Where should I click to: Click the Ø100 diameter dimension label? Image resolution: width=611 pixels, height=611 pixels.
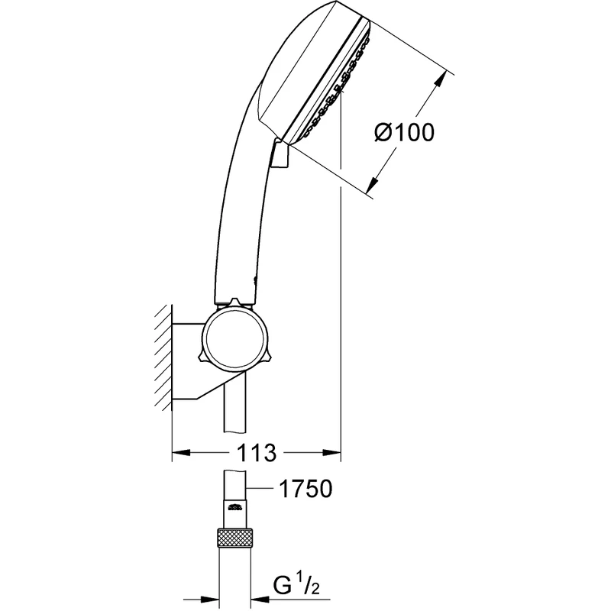pyautogui.click(x=404, y=132)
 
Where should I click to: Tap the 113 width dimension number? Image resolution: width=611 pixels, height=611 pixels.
pyautogui.click(x=257, y=453)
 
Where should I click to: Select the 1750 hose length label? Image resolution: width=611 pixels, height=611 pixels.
pyautogui.click(x=306, y=489)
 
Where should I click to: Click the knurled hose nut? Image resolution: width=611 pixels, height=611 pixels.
pyautogui.click(x=235, y=538)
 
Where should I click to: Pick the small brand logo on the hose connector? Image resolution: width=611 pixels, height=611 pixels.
pyautogui.click(x=235, y=507)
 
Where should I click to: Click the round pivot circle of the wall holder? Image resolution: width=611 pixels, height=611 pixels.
pyautogui.click(x=235, y=338)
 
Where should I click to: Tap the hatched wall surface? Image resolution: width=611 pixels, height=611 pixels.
pyautogui.click(x=163, y=357)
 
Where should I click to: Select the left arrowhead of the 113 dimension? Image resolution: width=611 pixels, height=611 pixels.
pyautogui.click(x=181, y=452)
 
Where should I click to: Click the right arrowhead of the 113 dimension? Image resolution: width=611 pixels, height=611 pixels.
pyautogui.click(x=332, y=452)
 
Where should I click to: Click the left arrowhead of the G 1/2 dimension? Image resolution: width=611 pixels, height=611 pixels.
pyautogui.click(x=209, y=599)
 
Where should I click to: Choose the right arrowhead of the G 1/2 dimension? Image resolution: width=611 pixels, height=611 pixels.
pyautogui.click(x=261, y=599)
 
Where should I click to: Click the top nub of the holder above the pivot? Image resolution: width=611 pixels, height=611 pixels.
pyautogui.click(x=234, y=302)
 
